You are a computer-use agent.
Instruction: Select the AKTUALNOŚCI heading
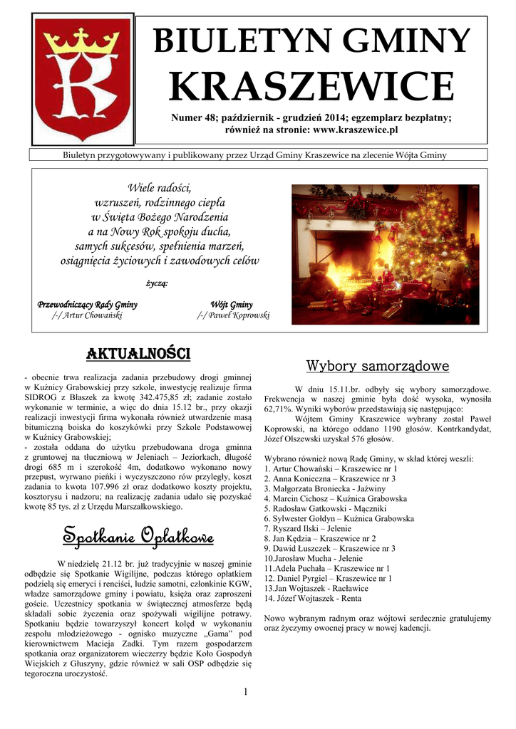click(x=138, y=353)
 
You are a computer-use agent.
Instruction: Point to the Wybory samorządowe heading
click(x=377, y=367)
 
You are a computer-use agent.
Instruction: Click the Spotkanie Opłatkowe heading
click(x=138, y=535)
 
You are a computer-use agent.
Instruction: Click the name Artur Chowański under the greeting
click(x=88, y=315)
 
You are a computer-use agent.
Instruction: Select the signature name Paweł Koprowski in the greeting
click(x=233, y=315)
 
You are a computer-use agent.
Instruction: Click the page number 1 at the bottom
click(x=244, y=692)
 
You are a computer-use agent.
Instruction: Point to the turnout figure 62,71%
click(x=280, y=409)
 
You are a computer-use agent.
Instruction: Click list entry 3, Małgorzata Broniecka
click(x=324, y=489)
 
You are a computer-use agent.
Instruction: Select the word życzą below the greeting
click(x=157, y=285)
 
